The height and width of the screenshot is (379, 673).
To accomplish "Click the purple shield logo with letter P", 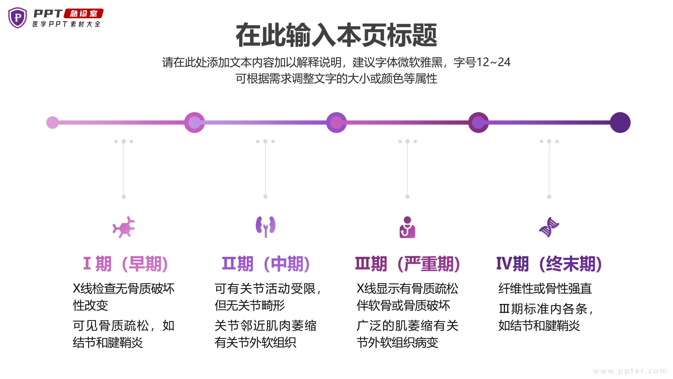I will click(17, 18).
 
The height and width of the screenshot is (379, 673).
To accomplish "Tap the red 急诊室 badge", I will click(83, 13).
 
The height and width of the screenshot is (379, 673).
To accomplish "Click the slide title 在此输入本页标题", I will click(336, 35).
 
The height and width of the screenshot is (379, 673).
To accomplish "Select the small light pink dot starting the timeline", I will click(52, 123).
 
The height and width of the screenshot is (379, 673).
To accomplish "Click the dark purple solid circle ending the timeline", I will click(620, 123).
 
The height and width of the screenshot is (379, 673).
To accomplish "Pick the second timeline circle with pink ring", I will click(194, 123).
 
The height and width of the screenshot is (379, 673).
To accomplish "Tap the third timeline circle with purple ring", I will click(336, 123).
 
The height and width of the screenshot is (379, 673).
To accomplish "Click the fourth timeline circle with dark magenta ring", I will click(478, 123).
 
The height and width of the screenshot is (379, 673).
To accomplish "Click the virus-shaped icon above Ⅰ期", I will click(124, 227).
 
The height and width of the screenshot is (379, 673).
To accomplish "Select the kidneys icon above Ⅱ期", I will click(265, 226).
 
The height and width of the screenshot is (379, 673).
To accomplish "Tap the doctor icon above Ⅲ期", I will click(407, 227).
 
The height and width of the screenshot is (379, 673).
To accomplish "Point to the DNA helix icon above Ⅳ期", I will click(549, 227).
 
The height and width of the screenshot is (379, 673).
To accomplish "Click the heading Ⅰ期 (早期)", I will click(125, 264).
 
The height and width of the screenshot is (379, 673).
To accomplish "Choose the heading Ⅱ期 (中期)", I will click(266, 264).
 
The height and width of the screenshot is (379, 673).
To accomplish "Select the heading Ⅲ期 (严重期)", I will click(408, 264).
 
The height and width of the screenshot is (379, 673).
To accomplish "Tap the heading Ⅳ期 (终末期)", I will click(549, 264).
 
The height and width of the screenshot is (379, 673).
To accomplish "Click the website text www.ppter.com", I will click(630, 371).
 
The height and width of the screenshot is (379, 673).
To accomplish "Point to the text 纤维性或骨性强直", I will click(545, 289).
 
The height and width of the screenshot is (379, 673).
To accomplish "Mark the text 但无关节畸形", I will click(250, 306).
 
